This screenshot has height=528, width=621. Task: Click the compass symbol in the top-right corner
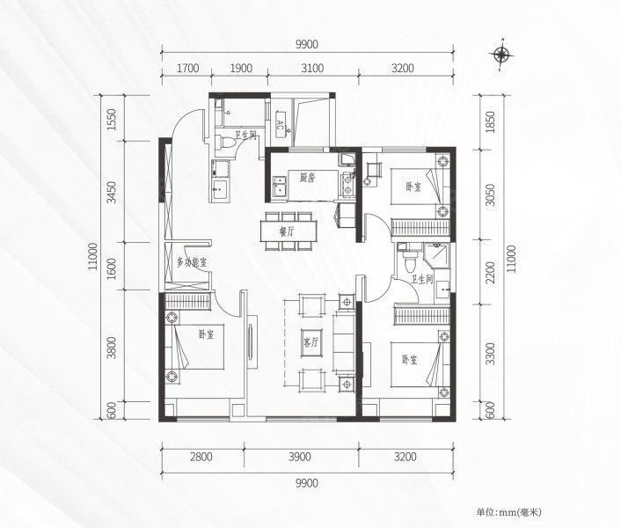pos(502,55)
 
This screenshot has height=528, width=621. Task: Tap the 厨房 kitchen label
pos(307,179)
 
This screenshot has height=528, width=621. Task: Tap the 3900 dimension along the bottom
pos(300,457)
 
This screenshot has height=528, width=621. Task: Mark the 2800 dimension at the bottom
pos(201,457)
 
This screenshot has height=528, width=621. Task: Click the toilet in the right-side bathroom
pos(407,261)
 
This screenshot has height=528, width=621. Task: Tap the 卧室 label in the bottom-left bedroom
pos(206,334)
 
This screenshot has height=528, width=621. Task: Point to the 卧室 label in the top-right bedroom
pos(413,187)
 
